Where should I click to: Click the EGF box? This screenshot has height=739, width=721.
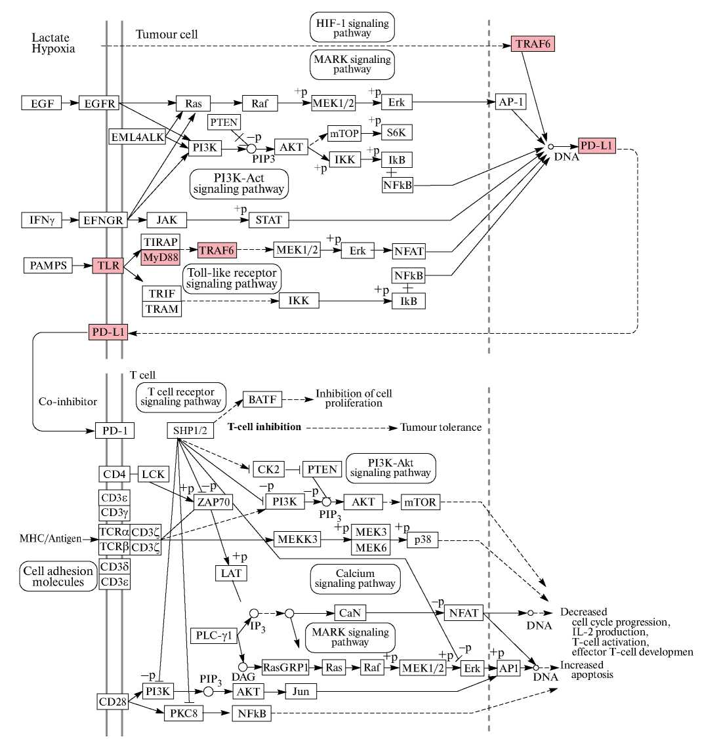(x=42, y=104)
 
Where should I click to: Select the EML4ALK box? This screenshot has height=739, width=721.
(x=138, y=137)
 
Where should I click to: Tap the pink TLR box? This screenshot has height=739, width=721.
(x=108, y=266)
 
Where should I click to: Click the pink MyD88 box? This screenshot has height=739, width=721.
(x=161, y=258)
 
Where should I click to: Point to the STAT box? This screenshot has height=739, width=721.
(x=268, y=220)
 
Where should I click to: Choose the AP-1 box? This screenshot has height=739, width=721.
(x=511, y=102)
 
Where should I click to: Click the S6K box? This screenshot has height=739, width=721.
(x=396, y=132)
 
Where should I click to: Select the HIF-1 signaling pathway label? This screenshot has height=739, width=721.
(x=352, y=28)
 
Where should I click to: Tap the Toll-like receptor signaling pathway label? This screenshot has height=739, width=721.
(x=232, y=278)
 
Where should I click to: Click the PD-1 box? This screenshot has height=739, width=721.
(x=115, y=431)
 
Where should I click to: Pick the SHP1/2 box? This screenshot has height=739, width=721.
(x=190, y=431)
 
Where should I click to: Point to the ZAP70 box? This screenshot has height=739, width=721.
(x=213, y=502)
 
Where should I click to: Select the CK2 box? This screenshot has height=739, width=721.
(x=268, y=469)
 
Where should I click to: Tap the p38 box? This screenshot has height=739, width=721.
(x=423, y=540)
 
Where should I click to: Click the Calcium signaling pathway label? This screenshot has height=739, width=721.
(x=355, y=578)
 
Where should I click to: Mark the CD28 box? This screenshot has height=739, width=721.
(x=112, y=702)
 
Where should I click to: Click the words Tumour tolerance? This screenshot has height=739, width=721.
(x=441, y=428)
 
